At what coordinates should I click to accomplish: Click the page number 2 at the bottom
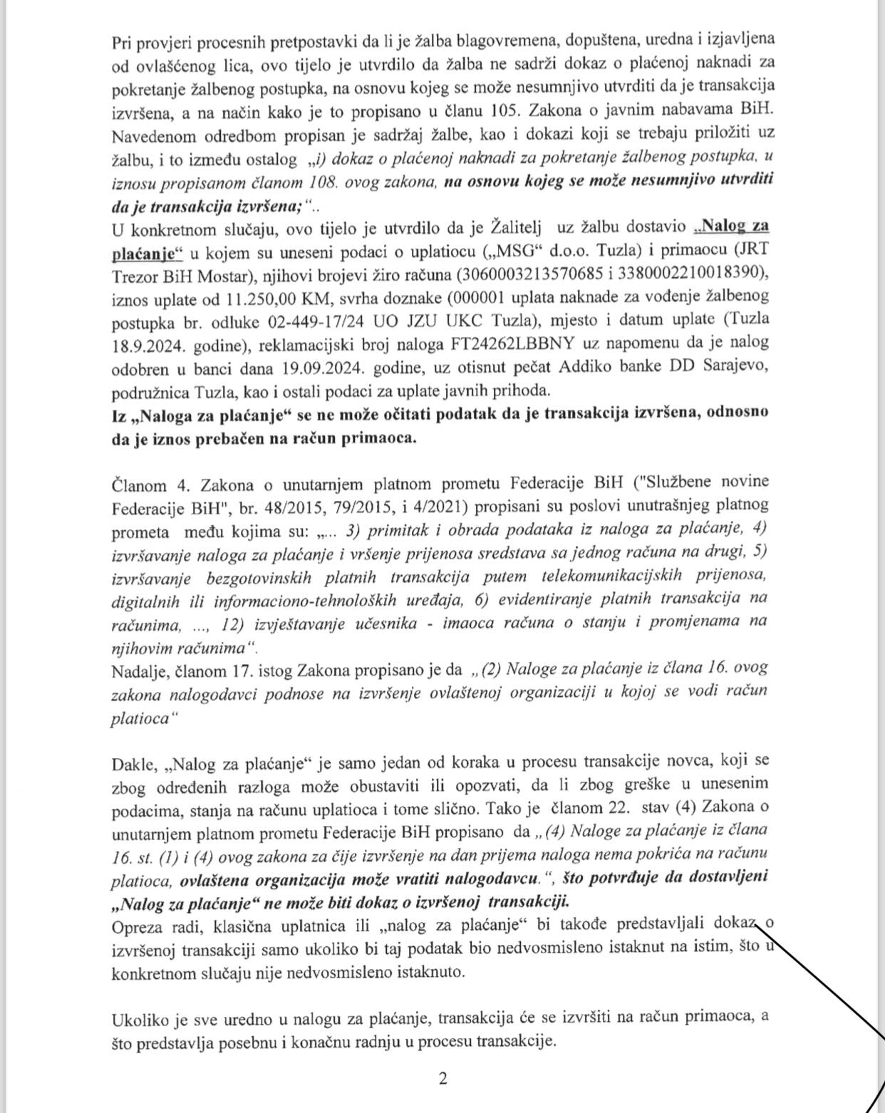pyautogui.click(x=442, y=1079)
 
